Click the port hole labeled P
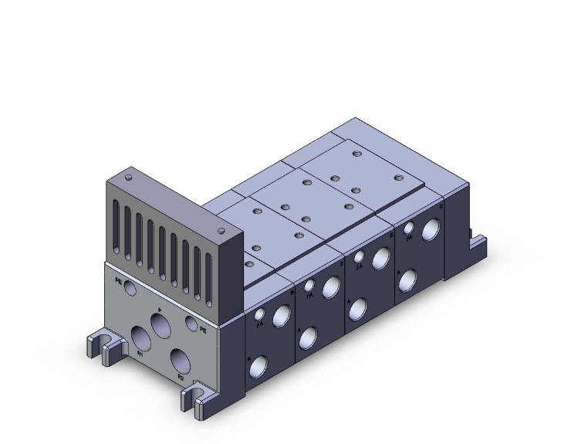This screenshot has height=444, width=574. pos(162,324)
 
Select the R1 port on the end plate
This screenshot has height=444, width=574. pos(141,337)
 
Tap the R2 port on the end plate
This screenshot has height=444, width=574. pos(181,358)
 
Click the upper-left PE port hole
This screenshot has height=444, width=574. pos(128,288)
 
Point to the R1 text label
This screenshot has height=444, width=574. pos(140,354)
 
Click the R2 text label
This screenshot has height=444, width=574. pos(181,377)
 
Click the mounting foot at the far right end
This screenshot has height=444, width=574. pos(478,241)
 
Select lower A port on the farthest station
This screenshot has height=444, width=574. pos(407,279)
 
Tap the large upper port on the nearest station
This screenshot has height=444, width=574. pos(283,313)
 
